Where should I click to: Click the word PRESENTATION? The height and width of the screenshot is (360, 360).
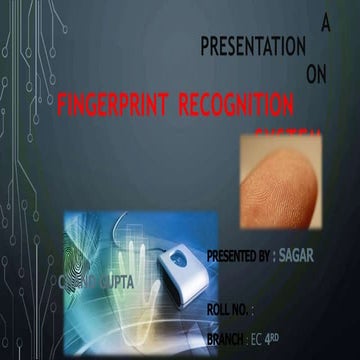(253, 46)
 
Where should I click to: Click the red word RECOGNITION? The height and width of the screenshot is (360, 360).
(240, 103)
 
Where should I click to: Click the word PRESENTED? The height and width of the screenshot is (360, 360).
(237, 257)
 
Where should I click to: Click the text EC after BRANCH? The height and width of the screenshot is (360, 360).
(259, 338)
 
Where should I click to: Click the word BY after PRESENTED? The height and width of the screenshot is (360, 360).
(265, 257)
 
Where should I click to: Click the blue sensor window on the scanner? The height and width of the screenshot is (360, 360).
(175, 257)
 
